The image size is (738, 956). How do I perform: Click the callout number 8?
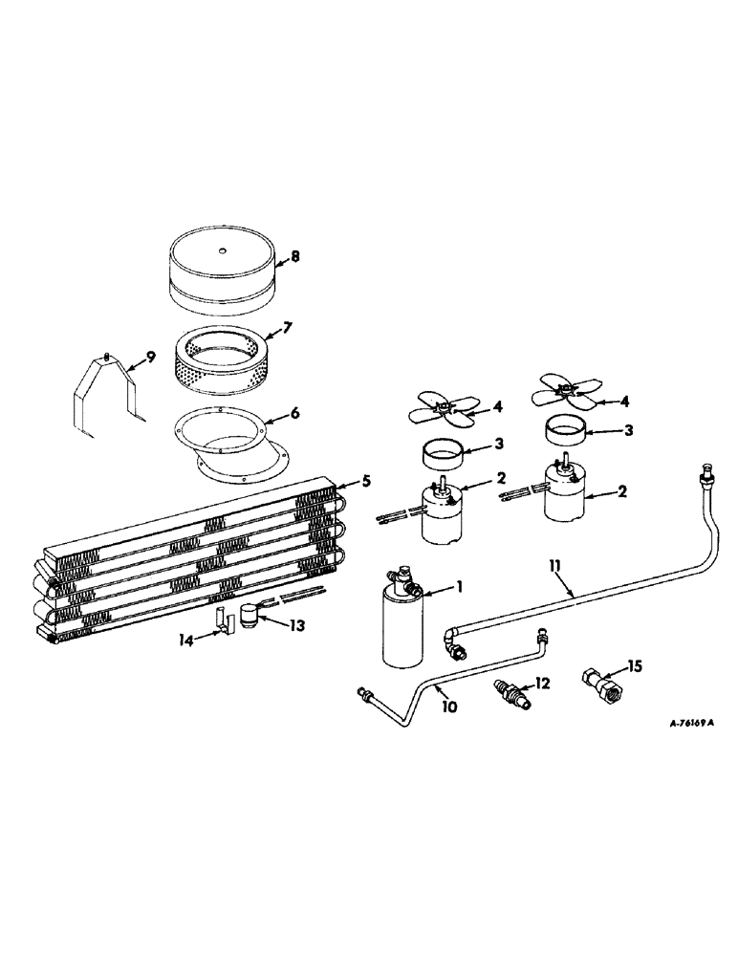coord(295,256)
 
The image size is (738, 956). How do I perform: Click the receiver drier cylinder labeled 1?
coord(405,626)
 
